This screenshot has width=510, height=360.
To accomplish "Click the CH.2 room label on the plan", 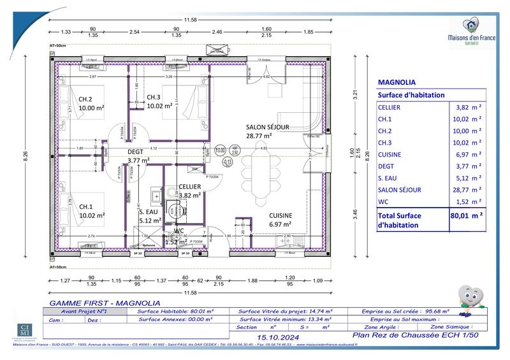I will tap(86, 99).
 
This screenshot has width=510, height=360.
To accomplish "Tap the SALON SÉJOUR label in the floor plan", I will tap(268, 127).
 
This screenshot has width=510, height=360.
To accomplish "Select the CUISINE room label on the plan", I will tap(280, 215).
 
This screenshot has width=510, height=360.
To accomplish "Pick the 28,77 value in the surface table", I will tap(465, 189).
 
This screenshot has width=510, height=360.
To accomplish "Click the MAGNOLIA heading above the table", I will tap(397, 82).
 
